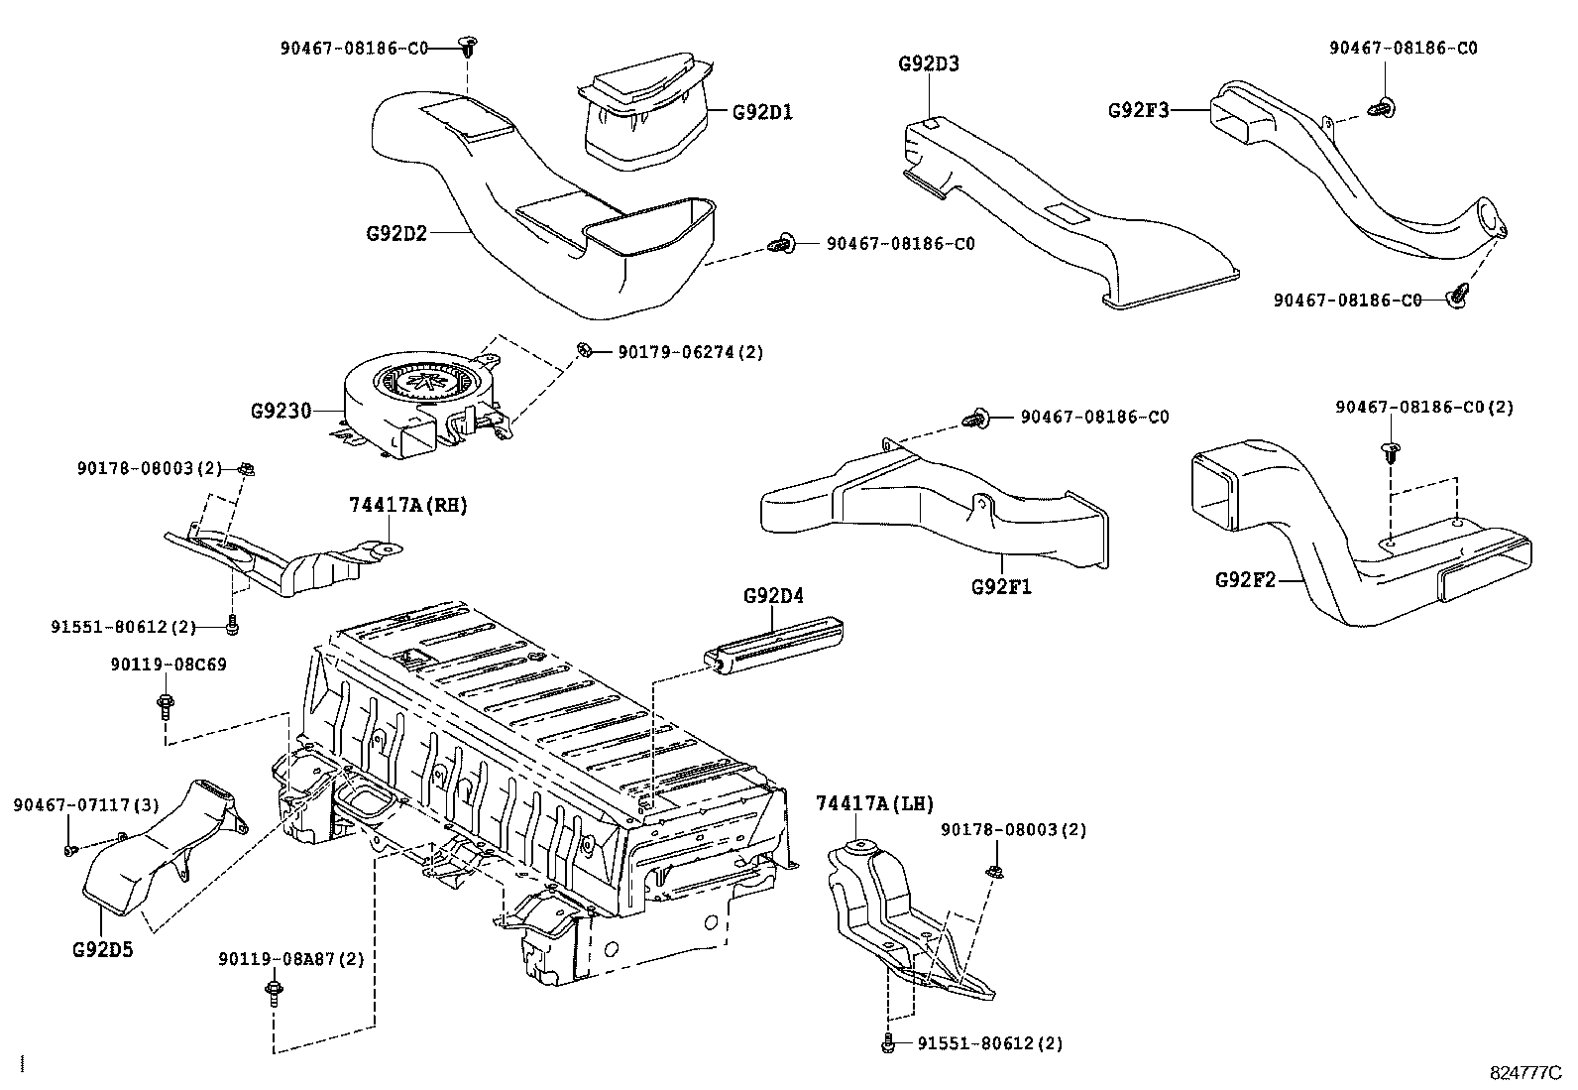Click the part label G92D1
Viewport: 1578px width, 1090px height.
pyautogui.click(x=762, y=112)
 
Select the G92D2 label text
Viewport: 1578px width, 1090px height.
pyautogui.click(x=396, y=234)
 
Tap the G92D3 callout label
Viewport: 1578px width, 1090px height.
pyautogui.click(x=929, y=64)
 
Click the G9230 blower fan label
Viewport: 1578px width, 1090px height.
pyautogui.click(x=282, y=410)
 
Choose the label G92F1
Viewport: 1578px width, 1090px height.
pyautogui.click(x=1001, y=586)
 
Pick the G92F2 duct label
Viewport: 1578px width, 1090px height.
pyautogui.click(x=1246, y=579)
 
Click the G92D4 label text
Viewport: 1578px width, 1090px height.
pyautogui.click(x=773, y=596)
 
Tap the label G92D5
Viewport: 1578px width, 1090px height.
pyautogui.click(x=102, y=950)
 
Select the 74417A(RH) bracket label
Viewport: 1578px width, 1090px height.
pyautogui.click(x=407, y=505)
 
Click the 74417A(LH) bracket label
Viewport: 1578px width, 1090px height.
pyautogui.click(x=874, y=803)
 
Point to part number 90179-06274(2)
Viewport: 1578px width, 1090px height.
pyautogui.click(x=690, y=352)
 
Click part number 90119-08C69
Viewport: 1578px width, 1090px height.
pyautogui.click(x=168, y=664)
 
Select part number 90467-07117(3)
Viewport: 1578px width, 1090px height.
pyautogui.click(x=85, y=805)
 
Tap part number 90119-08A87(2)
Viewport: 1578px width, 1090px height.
pyautogui.click(x=291, y=959)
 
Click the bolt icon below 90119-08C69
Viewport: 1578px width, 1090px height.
pyautogui.click(x=163, y=706)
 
